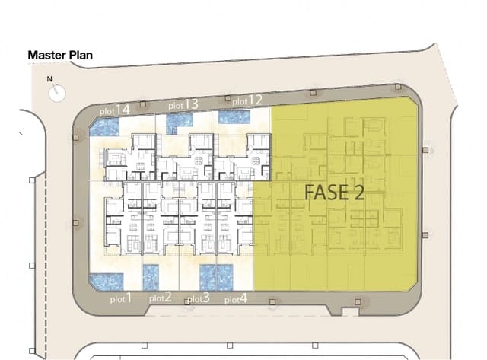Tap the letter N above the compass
50,79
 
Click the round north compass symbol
58,92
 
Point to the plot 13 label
183,104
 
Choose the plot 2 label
160,298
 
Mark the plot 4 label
235,299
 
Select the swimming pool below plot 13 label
180,120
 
